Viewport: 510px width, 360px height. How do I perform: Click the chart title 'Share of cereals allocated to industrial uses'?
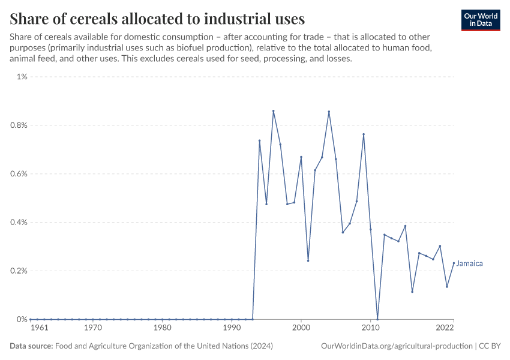(157, 18)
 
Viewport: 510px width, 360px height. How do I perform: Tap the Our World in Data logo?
(481, 20)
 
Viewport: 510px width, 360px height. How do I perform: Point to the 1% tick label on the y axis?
(22, 77)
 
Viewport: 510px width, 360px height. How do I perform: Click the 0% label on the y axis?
(22, 319)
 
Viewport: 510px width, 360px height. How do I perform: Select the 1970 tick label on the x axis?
(92, 328)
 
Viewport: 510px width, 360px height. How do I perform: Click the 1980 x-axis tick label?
(162, 328)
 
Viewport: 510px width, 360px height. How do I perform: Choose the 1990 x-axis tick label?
(232, 328)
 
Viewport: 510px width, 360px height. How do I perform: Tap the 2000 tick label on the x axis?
(301, 328)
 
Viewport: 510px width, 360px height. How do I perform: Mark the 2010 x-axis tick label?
(371, 328)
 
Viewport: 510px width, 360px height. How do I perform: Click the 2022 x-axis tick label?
(445, 328)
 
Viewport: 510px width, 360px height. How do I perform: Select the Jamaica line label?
(470, 263)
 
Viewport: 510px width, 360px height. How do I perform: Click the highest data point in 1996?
(274, 111)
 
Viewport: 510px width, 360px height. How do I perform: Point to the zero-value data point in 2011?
(377, 319)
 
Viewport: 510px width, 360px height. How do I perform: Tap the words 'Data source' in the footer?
(31, 346)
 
